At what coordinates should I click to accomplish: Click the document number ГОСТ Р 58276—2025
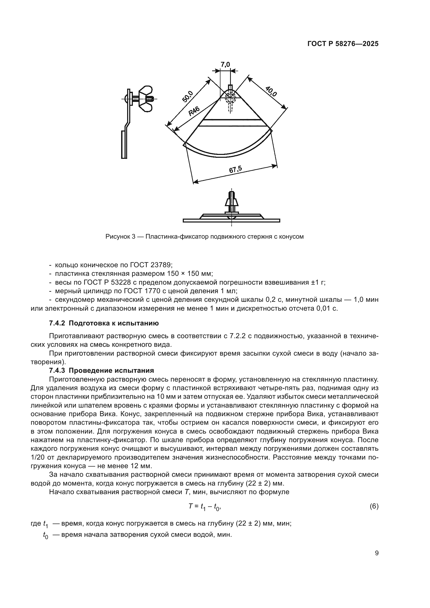pos(343,44)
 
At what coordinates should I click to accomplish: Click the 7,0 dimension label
pos(225,64)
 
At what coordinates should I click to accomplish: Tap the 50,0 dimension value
pos(188,96)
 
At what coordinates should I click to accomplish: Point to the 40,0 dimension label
pos(271,91)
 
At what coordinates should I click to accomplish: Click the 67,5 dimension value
pos(235,170)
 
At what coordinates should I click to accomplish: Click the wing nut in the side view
pos(146,99)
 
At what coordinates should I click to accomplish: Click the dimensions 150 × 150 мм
pos(190,273)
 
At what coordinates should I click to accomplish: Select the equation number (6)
pos(374,506)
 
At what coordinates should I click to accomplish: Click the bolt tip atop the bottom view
pos(232,193)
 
